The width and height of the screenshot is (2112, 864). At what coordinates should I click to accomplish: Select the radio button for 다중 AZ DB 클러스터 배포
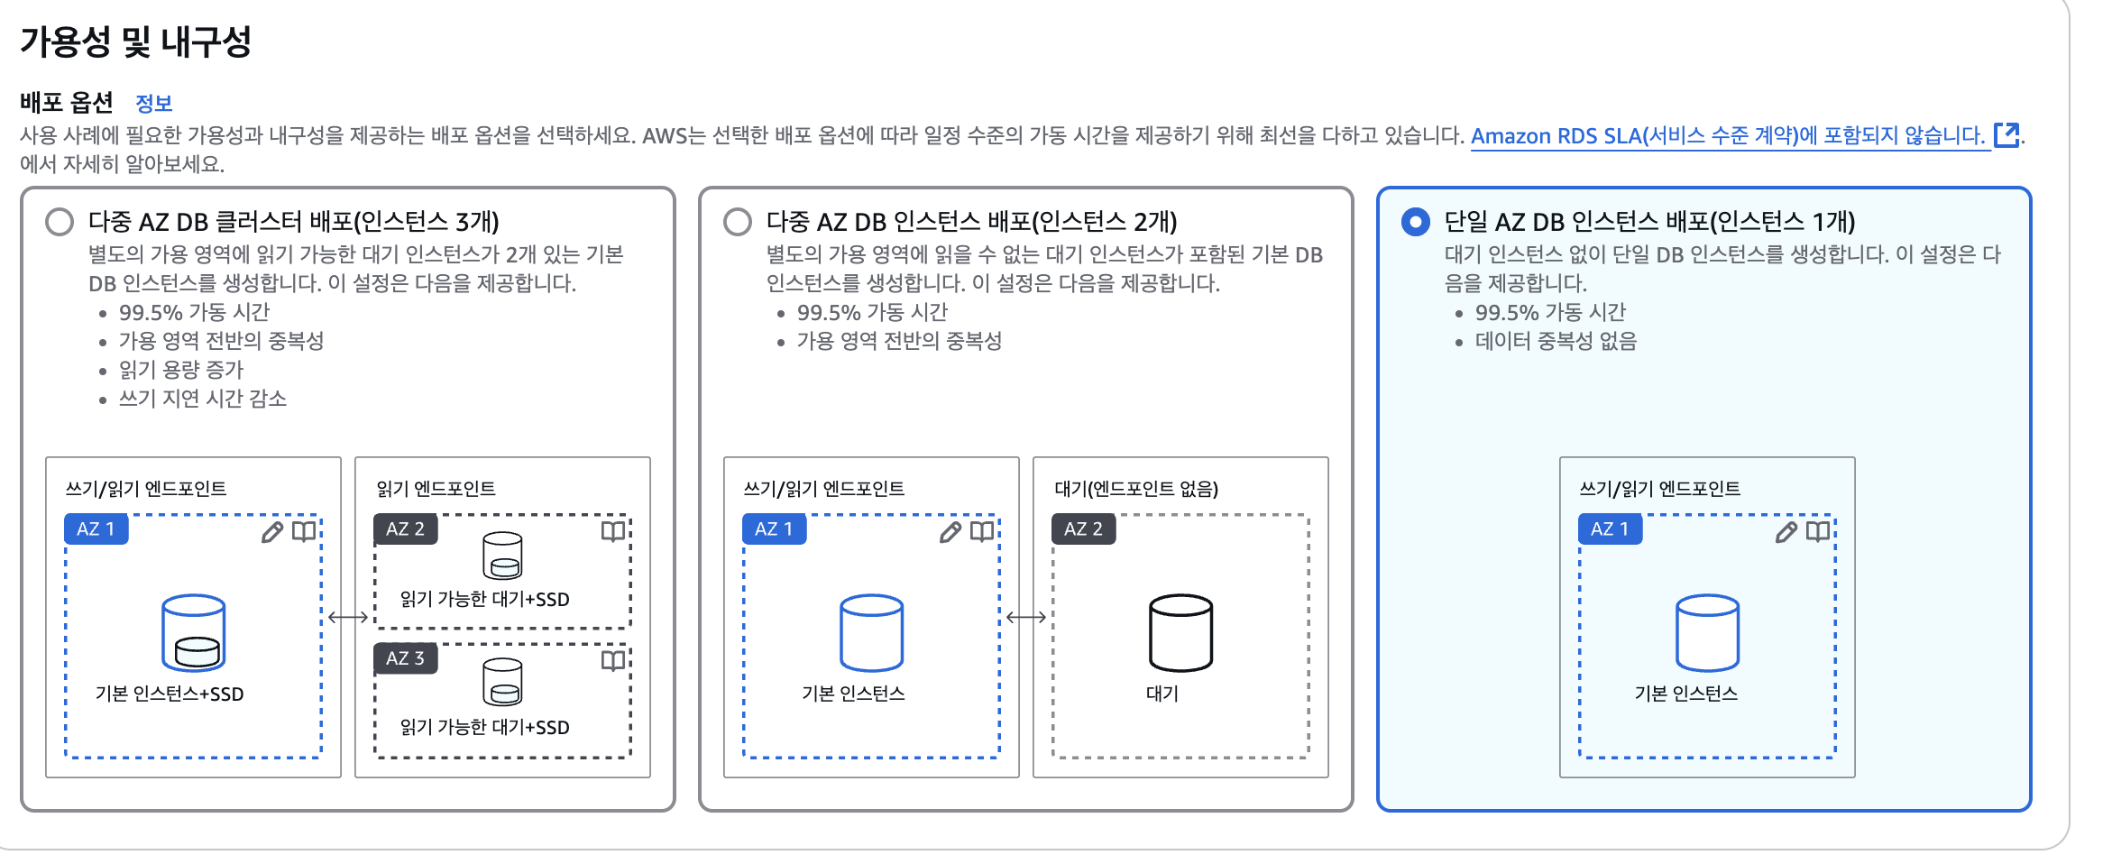(x=60, y=222)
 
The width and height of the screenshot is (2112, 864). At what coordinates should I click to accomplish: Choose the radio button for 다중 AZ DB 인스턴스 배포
(x=738, y=222)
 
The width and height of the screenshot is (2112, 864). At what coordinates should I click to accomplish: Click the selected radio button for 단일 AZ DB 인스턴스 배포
(x=1416, y=222)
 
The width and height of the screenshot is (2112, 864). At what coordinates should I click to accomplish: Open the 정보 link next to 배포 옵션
(x=153, y=104)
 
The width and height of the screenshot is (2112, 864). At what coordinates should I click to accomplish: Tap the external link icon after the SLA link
(x=2006, y=135)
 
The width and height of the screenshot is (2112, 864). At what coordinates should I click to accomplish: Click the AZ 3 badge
(x=405, y=658)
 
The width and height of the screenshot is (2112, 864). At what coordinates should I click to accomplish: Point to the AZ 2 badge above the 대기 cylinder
(x=1083, y=529)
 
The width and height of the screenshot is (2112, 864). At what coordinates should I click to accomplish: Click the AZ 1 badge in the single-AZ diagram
(x=1610, y=529)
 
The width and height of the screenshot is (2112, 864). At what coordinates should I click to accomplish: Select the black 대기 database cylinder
(x=1180, y=632)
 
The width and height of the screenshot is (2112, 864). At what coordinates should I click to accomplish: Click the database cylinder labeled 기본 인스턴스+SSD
(x=193, y=632)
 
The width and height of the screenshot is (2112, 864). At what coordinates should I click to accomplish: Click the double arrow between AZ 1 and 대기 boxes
(x=1026, y=618)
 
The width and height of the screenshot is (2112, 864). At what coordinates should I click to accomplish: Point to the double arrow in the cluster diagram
(x=348, y=618)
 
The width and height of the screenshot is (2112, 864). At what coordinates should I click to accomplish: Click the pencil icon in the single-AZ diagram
(x=1786, y=532)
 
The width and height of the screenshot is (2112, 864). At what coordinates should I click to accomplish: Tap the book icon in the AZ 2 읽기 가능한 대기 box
(x=613, y=531)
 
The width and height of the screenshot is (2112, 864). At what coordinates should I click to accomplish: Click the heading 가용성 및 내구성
(x=135, y=41)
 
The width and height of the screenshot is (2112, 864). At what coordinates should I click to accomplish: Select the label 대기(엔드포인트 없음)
(x=1136, y=489)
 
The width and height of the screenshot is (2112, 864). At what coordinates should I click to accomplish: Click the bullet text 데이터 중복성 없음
(x=1556, y=341)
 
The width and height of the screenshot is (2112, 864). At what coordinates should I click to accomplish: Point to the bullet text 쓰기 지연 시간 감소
(x=203, y=399)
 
